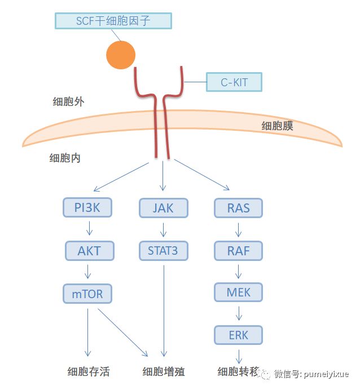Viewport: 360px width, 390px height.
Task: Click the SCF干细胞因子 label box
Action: click(x=113, y=21)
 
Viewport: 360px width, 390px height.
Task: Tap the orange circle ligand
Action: click(x=121, y=55)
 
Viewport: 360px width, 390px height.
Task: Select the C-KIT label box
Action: click(x=234, y=82)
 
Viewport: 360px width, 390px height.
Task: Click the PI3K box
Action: click(x=87, y=207)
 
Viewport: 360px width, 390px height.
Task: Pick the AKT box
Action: click(x=89, y=250)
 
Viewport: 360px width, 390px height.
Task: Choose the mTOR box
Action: click(x=87, y=293)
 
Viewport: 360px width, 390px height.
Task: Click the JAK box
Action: click(x=163, y=207)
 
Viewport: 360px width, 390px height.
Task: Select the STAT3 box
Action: click(x=163, y=250)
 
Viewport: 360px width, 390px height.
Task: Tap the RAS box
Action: click(x=238, y=207)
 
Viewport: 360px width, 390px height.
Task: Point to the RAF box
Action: click(x=238, y=250)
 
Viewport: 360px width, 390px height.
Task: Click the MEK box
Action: click(x=238, y=292)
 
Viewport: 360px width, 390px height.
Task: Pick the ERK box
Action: click(x=238, y=335)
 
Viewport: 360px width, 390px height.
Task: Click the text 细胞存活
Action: click(x=88, y=371)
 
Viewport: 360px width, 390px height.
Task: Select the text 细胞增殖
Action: click(x=164, y=371)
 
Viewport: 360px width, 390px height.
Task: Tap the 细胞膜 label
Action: click(x=277, y=126)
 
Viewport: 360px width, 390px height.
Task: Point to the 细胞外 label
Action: click(x=65, y=102)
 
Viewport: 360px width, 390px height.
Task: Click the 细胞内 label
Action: click(x=65, y=158)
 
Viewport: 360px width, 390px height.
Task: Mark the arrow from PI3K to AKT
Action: click(x=88, y=229)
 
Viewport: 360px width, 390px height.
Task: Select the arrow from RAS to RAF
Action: click(x=239, y=229)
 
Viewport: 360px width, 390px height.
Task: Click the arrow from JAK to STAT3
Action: click(x=164, y=229)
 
